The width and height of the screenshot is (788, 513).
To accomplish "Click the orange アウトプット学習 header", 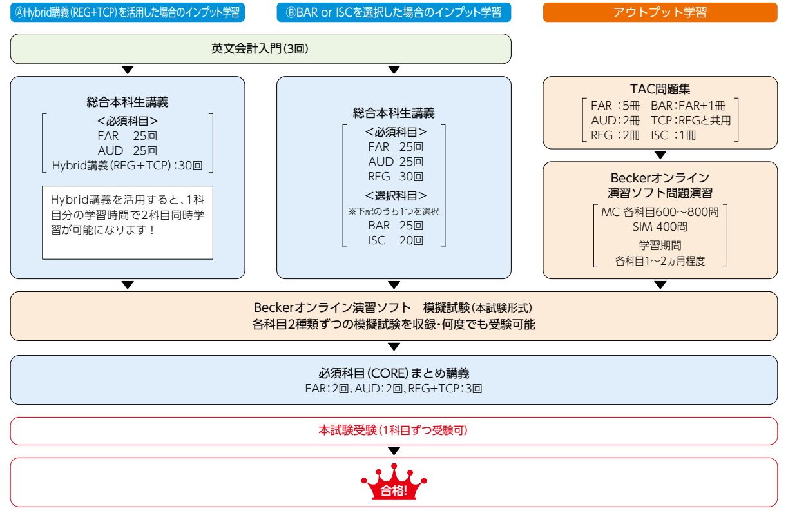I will coord(660,12).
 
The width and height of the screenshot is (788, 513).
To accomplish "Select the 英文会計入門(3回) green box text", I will coord(260,48).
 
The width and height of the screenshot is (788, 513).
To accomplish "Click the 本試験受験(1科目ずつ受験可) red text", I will coord(394,431).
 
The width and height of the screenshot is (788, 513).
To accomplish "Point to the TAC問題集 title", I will coord(660,89).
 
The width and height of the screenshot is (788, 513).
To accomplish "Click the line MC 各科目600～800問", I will coord(660,211).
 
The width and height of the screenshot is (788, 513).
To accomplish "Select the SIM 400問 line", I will coord(660,227).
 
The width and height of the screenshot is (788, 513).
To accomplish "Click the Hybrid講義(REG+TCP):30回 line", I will coord(128,166).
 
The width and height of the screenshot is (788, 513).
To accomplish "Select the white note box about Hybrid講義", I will coord(128,222).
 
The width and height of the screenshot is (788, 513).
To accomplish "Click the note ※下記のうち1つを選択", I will coord(394,211).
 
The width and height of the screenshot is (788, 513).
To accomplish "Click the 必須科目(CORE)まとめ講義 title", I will coord(394,373).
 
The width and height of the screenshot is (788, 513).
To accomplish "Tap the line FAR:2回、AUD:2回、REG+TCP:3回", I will coord(394,389).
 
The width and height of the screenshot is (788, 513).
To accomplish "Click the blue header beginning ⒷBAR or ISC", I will coord(394,12).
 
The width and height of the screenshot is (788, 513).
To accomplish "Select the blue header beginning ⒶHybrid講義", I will coord(128,12).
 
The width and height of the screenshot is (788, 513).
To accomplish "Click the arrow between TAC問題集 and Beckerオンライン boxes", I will coord(660,155).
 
